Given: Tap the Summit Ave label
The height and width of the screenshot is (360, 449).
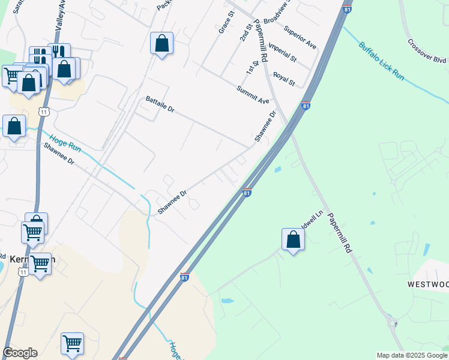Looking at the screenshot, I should [253, 95].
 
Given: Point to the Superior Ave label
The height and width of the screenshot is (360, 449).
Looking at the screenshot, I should [300, 37].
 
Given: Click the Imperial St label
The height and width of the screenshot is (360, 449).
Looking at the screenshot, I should [282, 53].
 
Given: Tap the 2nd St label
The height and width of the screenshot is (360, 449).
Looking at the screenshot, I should [246, 33].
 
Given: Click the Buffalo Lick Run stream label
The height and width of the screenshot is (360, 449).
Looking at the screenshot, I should [382, 60].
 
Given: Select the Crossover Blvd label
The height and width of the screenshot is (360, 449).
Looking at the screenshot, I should [427, 52].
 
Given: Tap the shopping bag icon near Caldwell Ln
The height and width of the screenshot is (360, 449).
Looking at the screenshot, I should [293, 239].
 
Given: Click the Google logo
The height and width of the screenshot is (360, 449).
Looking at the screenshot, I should [20, 353].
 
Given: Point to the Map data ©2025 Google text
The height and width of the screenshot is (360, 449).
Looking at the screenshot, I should [412, 355].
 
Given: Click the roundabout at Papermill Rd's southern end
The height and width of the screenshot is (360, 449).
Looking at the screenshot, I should [394, 323].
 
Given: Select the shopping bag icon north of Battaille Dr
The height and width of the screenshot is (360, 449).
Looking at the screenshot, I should [161, 43].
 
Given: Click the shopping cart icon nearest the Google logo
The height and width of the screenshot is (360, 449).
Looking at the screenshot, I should [72, 344].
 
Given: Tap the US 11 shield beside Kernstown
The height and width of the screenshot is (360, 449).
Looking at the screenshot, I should [23, 272].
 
